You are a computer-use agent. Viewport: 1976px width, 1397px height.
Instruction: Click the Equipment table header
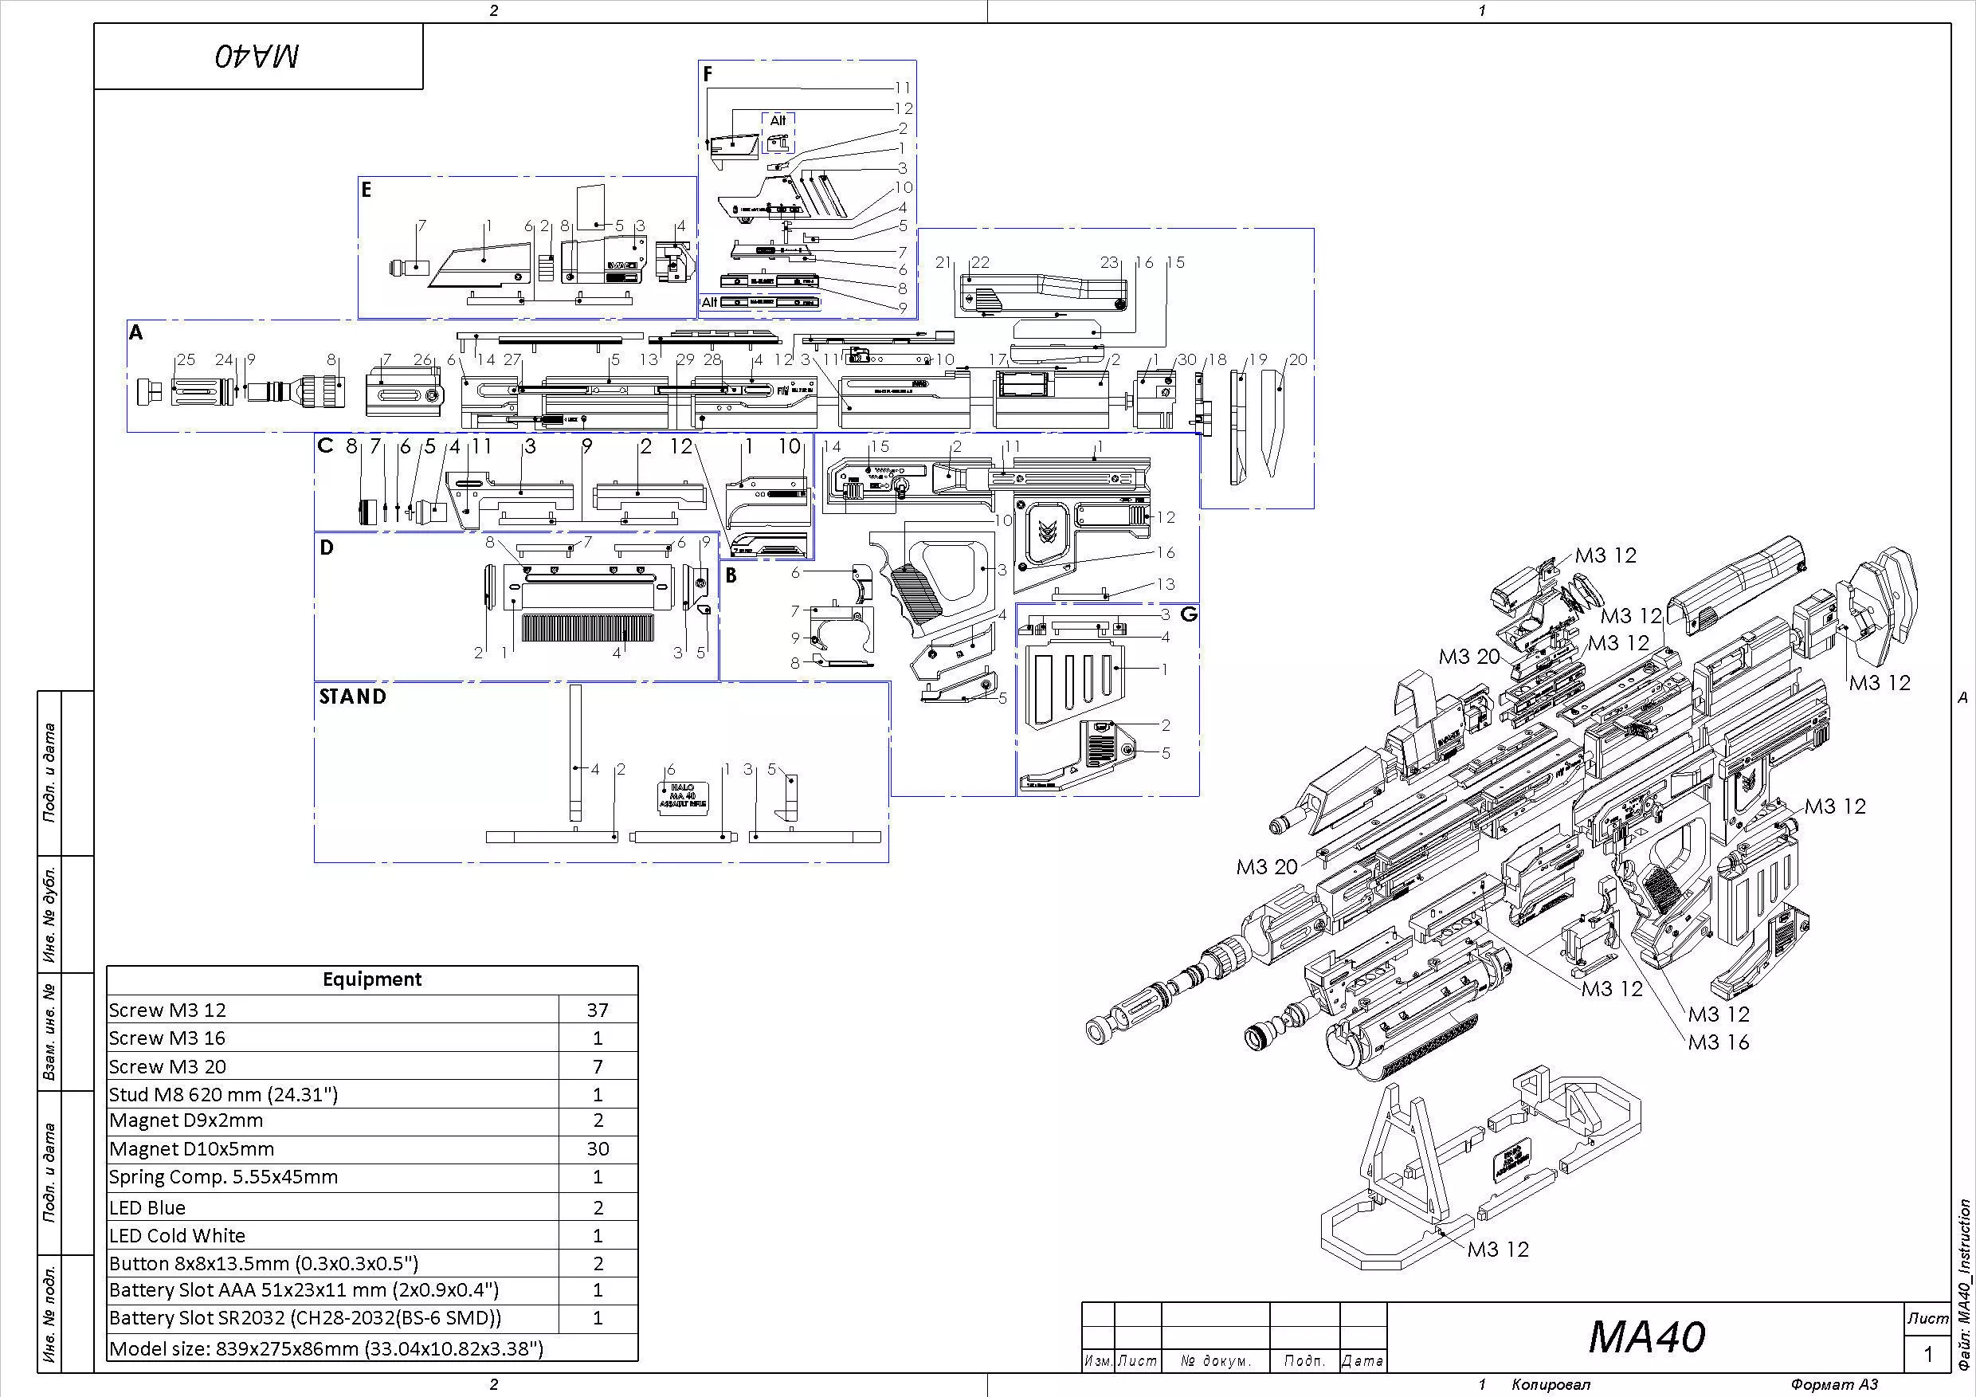(372, 979)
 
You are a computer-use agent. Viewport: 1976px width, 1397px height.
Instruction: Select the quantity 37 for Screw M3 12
(598, 1010)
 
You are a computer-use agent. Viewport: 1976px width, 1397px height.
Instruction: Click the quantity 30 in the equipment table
(598, 1149)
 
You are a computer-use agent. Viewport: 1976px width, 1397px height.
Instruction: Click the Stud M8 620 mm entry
(223, 1095)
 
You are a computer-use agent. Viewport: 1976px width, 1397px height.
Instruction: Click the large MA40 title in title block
(1645, 1336)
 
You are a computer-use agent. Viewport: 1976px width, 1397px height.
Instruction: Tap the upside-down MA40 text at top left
(257, 57)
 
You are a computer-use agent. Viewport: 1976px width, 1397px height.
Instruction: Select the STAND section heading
(353, 697)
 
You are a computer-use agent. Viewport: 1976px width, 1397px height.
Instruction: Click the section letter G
(1190, 614)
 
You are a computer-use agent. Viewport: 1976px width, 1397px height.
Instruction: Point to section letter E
(367, 190)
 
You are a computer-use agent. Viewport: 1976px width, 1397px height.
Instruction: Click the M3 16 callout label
(1718, 1042)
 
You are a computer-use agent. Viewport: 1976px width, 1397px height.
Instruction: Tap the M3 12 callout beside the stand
(1497, 1249)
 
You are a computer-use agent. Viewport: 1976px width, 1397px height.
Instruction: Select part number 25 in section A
(185, 359)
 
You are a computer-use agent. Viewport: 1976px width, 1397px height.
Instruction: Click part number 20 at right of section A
(1297, 359)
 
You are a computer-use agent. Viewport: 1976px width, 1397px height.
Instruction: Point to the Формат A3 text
(1834, 1385)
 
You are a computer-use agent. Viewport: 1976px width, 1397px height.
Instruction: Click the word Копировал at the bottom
(1551, 1385)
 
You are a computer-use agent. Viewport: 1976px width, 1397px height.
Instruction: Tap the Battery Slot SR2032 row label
(304, 1319)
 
